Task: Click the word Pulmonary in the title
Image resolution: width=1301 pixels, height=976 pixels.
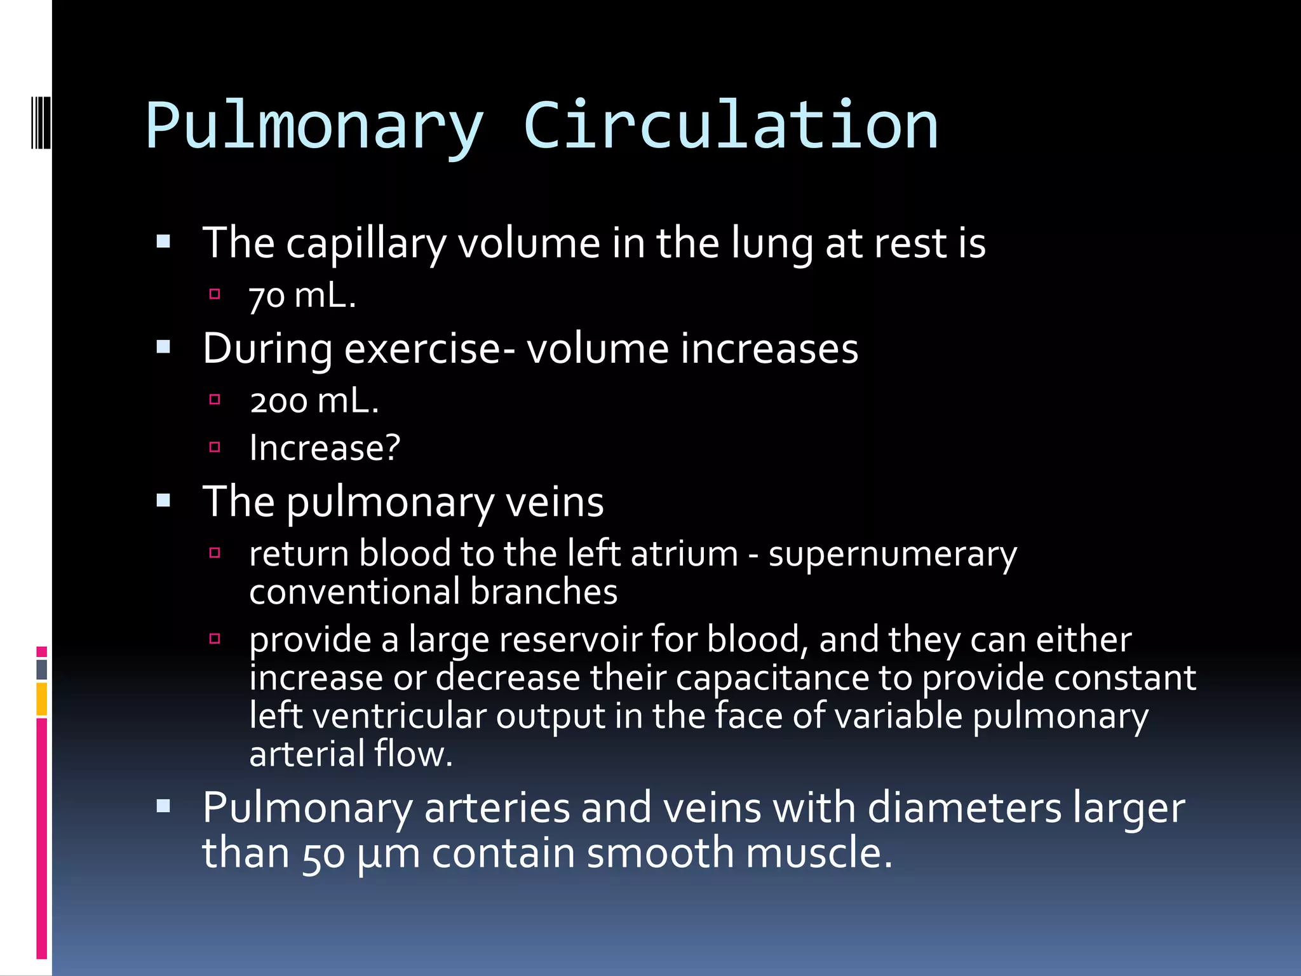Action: click(x=315, y=126)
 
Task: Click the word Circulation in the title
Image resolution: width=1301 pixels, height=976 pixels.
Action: click(x=731, y=126)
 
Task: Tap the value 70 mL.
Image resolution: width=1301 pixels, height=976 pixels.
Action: click(x=302, y=296)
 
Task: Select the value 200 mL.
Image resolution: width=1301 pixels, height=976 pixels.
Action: click(x=314, y=402)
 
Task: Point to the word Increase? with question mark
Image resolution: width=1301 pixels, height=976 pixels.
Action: click(x=325, y=448)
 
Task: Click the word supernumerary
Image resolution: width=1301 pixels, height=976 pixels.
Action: click(x=893, y=554)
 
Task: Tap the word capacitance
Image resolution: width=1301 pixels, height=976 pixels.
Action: click(x=772, y=677)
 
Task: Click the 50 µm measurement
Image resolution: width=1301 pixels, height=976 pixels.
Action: click(x=361, y=853)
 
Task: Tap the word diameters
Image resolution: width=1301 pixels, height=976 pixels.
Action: click(x=964, y=808)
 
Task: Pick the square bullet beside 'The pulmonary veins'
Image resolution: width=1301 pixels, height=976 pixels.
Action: click(x=164, y=501)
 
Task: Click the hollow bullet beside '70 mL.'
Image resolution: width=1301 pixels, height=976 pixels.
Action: click(x=215, y=294)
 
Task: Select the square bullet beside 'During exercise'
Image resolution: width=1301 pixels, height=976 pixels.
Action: click(x=164, y=348)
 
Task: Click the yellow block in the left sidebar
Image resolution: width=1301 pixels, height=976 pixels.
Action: click(x=41, y=699)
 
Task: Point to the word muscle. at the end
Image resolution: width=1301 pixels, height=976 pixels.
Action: click(x=819, y=853)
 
